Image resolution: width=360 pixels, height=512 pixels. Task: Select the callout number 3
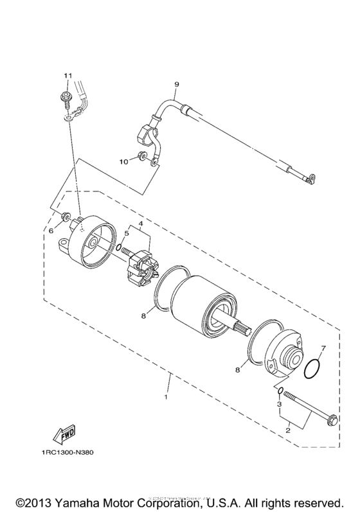pyautogui.click(x=279, y=405)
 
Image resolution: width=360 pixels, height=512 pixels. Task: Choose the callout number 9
pyautogui.click(x=175, y=84)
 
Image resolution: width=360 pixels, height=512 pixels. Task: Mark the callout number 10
pyautogui.click(x=124, y=163)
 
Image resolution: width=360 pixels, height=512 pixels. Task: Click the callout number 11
pyautogui.click(x=66, y=76)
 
